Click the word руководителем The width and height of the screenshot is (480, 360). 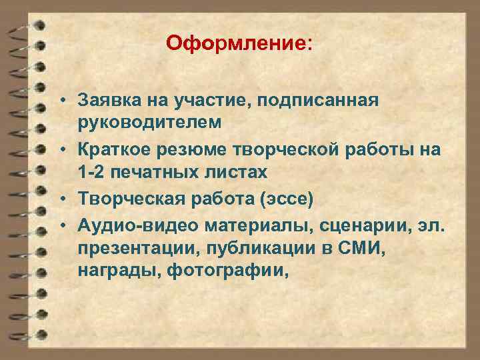pyautogui.click(x=153, y=123)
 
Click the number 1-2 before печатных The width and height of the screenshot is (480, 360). pyautogui.click(x=92, y=172)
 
